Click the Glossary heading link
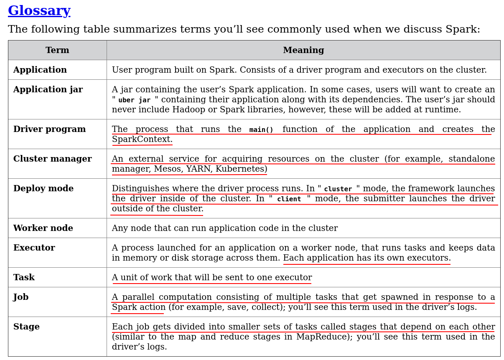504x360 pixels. pyautogui.click(x=39, y=11)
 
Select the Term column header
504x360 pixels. pyautogui.click(x=57, y=51)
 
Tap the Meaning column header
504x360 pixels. pyautogui.click(x=303, y=51)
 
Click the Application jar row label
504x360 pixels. pyautogui.click(x=48, y=90)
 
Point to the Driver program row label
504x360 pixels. pyautogui.click(x=49, y=129)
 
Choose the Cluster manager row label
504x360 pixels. pyautogui.click(x=52, y=159)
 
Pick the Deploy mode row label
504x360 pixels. pyautogui.click(x=43, y=189)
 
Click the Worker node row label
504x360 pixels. pyautogui.click(x=43, y=228)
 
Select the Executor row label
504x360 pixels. pyautogui.click(x=34, y=248)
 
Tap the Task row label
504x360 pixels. pyautogui.click(x=24, y=278)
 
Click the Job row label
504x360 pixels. pyautogui.click(x=21, y=297)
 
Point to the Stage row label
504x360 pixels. pyautogui.click(x=26, y=327)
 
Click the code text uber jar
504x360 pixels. pyautogui.click(x=135, y=100)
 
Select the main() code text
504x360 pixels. pyautogui.click(x=261, y=130)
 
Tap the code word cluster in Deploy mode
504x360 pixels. pyautogui.click(x=338, y=189)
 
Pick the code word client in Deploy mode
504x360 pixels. pyautogui.click(x=289, y=199)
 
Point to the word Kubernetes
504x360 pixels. pyautogui.click(x=241, y=169)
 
